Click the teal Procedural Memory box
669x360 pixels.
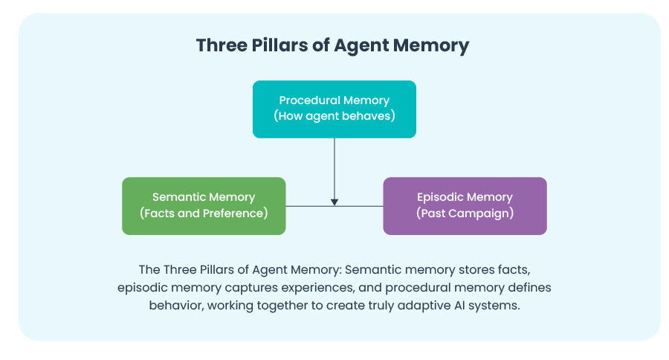coord(334,109)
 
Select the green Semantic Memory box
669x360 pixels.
coord(204,205)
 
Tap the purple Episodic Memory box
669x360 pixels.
coord(465,205)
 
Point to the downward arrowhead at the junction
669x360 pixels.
coord(334,202)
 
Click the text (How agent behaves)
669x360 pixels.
coord(334,116)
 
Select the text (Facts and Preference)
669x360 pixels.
coord(204,213)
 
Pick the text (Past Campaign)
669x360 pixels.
coord(465,213)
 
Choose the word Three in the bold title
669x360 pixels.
coord(222,45)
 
